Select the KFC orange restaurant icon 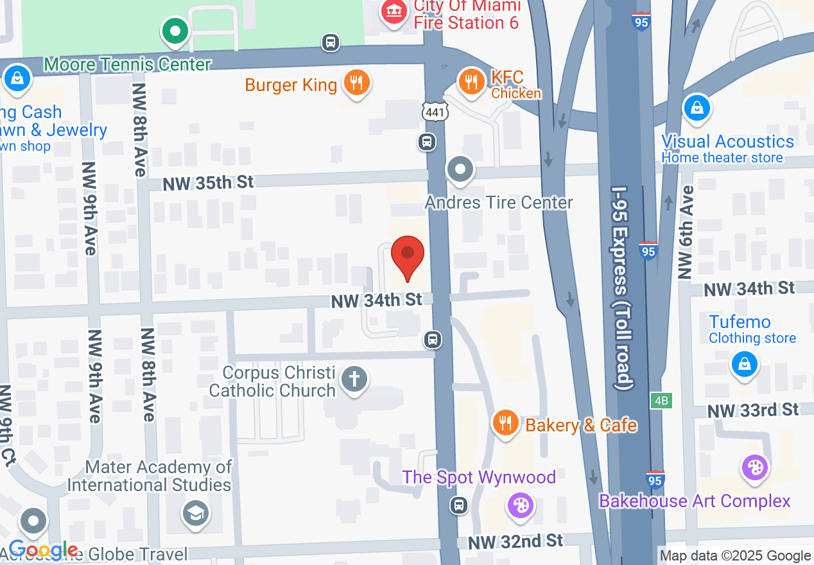click(x=472, y=81)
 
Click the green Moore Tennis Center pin click(x=175, y=30)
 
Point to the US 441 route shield click(x=434, y=112)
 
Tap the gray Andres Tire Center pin click(x=460, y=169)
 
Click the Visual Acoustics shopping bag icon click(x=697, y=109)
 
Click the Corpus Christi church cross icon click(x=353, y=378)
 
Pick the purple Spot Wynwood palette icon click(x=520, y=505)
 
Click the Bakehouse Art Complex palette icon click(x=755, y=468)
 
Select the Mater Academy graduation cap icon click(x=195, y=513)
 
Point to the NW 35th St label click(x=208, y=184)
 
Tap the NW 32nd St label click(x=515, y=542)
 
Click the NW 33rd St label click(x=753, y=410)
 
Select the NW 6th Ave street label click(x=687, y=232)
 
